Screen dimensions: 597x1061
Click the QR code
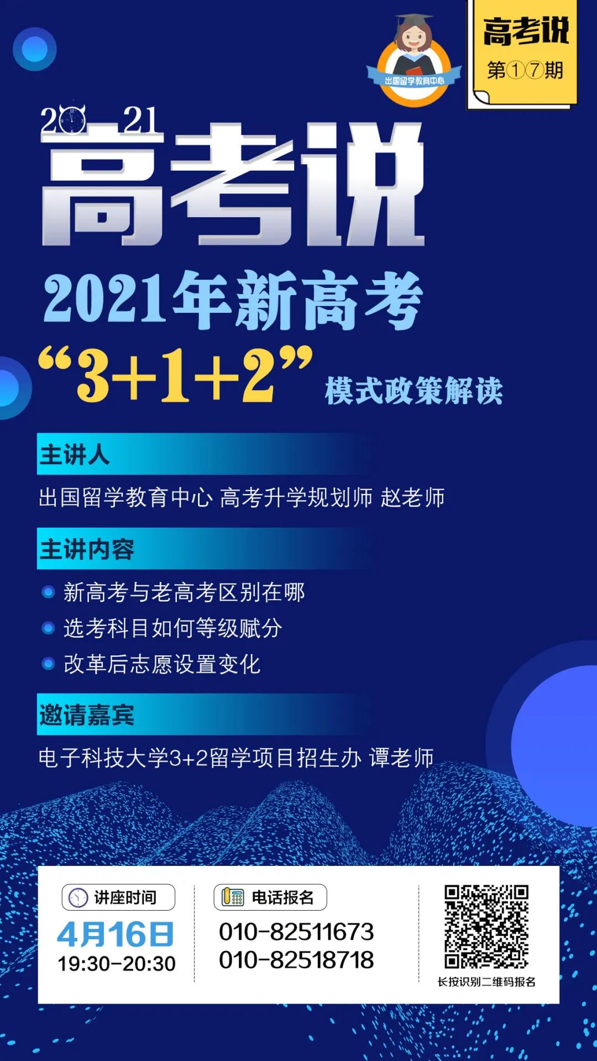(x=486, y=927)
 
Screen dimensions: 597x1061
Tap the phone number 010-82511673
(x=296, y=932)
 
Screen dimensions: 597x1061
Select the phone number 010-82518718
(x=296, y=960)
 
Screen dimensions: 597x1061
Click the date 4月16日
(x=116, y=934)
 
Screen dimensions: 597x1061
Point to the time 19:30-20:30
(x=117, y=964)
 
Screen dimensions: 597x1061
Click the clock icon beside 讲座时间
(x=78, y=897)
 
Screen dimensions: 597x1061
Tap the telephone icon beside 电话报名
(x=233, y=897)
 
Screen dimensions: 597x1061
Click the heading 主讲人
(x=75, y=455)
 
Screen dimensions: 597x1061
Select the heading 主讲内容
(x=87, y=549)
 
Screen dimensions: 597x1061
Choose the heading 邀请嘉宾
(x=87, y=715)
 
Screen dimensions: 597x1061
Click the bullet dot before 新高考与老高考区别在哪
(x=48, y=592)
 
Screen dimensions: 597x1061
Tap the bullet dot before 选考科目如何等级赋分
(x=48, y=628)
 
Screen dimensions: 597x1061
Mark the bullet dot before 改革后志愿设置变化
(x=48, y=664)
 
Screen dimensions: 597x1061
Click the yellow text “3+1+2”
(x=176, y=374)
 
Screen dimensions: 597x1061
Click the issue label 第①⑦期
(x=525, y=70)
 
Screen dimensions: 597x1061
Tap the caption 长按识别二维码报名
(x=486, y=981)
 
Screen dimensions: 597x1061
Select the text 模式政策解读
(x=414, y=391)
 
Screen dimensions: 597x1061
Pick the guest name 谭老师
(x=402, y=758)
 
